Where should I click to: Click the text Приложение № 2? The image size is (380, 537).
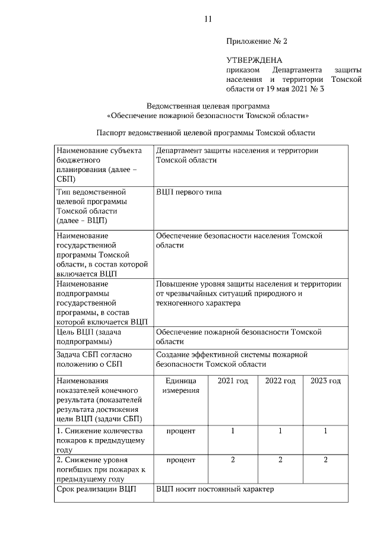pos(256,42)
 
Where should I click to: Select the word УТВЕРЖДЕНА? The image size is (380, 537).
pos(254,60)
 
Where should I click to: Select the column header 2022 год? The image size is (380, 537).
pos(280,381)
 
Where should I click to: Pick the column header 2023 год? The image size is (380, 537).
pos(325,381)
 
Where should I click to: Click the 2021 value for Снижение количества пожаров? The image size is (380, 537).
pos(232,431)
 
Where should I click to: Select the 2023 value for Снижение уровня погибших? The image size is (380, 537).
pos(325,460)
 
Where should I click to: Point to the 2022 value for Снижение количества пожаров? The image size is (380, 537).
pos(280,431)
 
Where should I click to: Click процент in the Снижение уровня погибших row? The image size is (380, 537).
pos(180,460)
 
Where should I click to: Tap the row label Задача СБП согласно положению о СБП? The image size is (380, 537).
pos(95,359)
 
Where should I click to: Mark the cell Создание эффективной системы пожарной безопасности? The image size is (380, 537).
pos(232,359)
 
